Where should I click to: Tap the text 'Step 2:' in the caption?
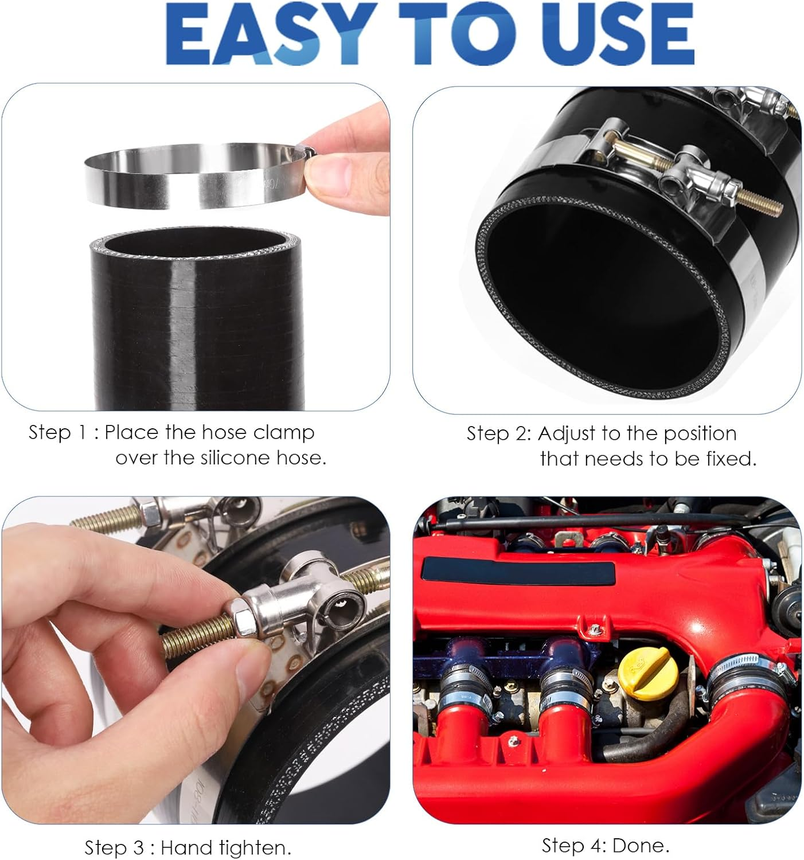[x=498, y=433]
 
